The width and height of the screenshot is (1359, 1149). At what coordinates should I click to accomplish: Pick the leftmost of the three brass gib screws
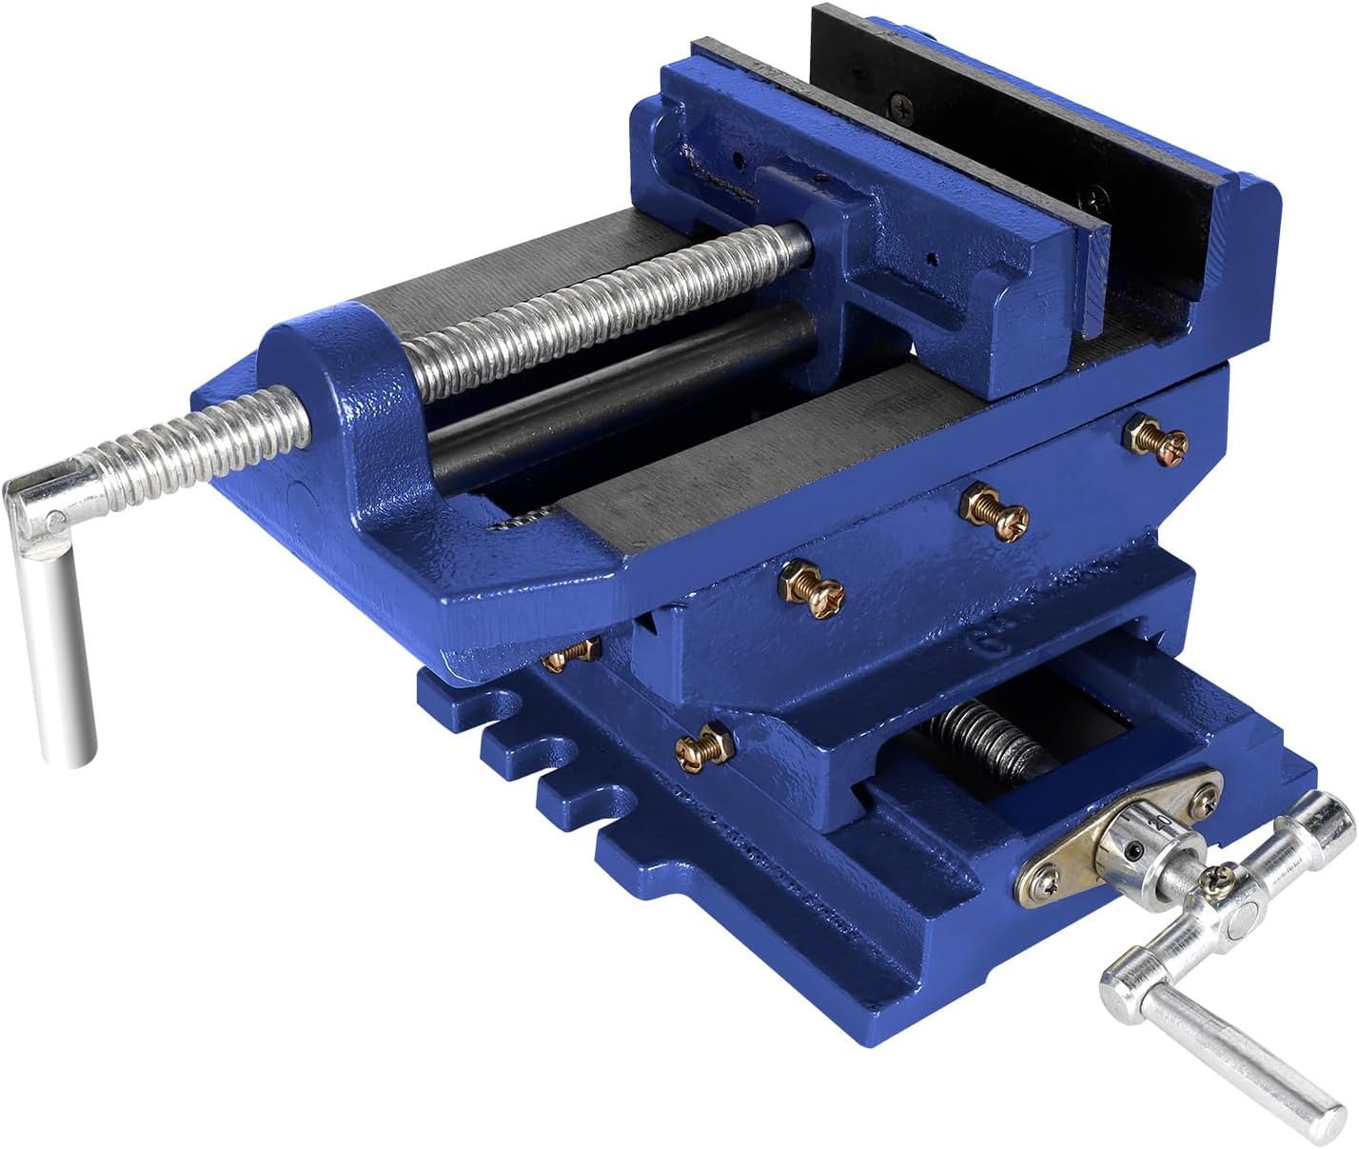811,587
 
